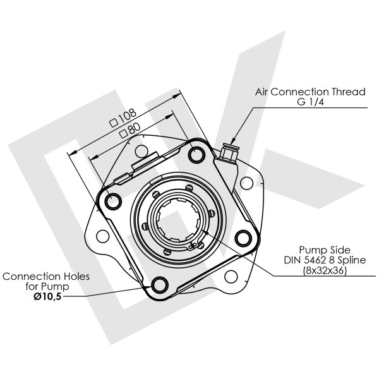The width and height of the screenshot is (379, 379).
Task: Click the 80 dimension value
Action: (x=135, y=129)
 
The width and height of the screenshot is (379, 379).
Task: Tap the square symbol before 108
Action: (x=114, y=123)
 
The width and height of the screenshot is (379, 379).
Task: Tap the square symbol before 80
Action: (x=124, y=134)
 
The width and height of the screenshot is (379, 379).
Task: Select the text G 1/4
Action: (x=310, y=102)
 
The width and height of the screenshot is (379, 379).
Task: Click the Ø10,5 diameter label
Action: (x=47, y=297)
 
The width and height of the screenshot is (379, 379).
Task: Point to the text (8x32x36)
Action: (x=325, y=270)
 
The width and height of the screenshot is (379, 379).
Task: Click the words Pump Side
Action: (x=325, y=250)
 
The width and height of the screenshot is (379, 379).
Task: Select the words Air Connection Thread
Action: (x=310, y=92)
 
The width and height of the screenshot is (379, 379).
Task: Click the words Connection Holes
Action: (x=46, y=276)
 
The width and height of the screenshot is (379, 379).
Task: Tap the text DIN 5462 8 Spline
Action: (x=325, y=260)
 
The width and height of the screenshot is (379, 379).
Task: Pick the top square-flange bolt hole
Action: (x=196, y=155)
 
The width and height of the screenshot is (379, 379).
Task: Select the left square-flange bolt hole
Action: (x=113, y=201)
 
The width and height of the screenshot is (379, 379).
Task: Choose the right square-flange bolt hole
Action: (x=243, y=239)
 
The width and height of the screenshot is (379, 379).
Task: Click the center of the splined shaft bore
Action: (x=178, y=220)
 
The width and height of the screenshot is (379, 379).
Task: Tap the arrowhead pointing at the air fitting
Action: (x=233, y=141)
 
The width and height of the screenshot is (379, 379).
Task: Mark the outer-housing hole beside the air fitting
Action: (x=247, y=183)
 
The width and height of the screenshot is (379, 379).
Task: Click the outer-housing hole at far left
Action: (x=103, y=236)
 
